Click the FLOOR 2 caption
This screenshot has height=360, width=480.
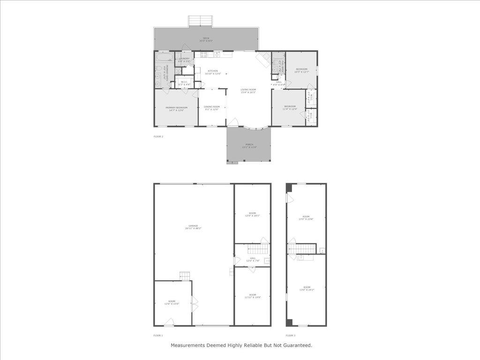[158, 136]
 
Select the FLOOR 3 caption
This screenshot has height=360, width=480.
[291, 335]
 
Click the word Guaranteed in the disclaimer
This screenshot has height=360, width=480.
[296, 345]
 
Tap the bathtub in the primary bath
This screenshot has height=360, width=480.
[165, 58]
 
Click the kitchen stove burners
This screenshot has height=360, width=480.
[204, 55]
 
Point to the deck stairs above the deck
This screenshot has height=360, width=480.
[201, 21]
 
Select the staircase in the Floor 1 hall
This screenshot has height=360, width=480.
[258, 248]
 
